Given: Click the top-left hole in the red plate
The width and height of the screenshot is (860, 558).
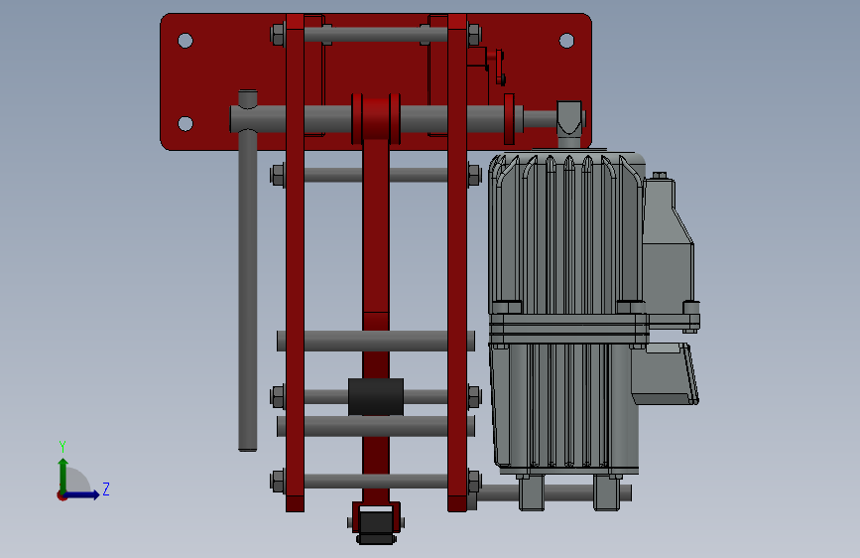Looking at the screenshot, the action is pos(185,41).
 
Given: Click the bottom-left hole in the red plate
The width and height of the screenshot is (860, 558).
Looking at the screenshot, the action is pos(185,123).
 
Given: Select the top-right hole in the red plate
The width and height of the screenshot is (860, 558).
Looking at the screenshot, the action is pos(566,41).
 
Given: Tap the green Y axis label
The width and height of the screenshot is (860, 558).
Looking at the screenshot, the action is pos(62,447).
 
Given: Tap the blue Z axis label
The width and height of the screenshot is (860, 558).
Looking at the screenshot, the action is pos(106,488).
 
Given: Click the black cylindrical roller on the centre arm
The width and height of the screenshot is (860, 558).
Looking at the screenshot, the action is pos(376,396).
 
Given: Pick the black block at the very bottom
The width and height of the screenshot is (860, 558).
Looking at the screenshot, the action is pos(376,526).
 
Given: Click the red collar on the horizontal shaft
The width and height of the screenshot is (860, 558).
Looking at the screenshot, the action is pos(376,118).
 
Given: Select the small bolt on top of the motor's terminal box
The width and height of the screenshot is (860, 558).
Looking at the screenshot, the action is pos(660,175).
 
